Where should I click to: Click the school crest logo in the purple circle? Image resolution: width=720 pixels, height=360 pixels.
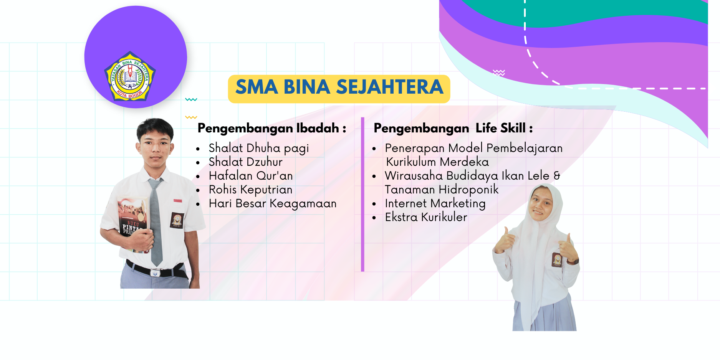pyautogui.click(x=129, y=76)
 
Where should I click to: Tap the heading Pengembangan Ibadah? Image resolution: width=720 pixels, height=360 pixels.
pyautogui.click(x=272, y=128)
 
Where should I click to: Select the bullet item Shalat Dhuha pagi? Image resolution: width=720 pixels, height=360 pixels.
pyautogui.click(x=259, y=148)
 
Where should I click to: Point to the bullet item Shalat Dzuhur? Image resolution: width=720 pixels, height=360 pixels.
pyautogui.click(x=246, y=162)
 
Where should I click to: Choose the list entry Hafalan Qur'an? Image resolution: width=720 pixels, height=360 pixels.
pyautogui.click(x=251, y=176)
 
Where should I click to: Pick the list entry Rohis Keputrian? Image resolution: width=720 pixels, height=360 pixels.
pyautogui.click(x=251, y=190)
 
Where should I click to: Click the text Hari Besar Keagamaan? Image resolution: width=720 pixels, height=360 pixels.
pyautogui.click(x=273, y=203)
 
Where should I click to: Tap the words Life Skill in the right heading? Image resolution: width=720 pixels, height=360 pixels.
pyautogui.click(x=500, y=128)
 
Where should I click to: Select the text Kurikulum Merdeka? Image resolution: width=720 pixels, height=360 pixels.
pyautogui.click(x=437, y=162)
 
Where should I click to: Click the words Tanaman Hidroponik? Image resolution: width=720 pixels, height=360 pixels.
pyautogui.click(x=442, y=190)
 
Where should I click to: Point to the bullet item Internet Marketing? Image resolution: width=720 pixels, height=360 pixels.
pyautogui.click(x=435, y=203)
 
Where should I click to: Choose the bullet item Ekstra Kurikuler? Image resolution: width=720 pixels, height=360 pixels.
pyautogui.click(x=426, y=217)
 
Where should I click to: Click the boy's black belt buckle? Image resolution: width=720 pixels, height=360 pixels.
pyautogui.click(x=155, y=273)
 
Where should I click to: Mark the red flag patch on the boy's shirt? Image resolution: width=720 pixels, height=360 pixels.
pyautogui.click(x=177, y=201)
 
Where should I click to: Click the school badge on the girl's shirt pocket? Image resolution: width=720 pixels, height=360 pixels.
pyautogui.click(x=557, y=260)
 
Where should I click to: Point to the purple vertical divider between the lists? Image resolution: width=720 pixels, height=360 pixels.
pyautogui.click(x=362, y=195)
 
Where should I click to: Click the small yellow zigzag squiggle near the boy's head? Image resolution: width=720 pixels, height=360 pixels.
pyautogui.click(x=191, y=117)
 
